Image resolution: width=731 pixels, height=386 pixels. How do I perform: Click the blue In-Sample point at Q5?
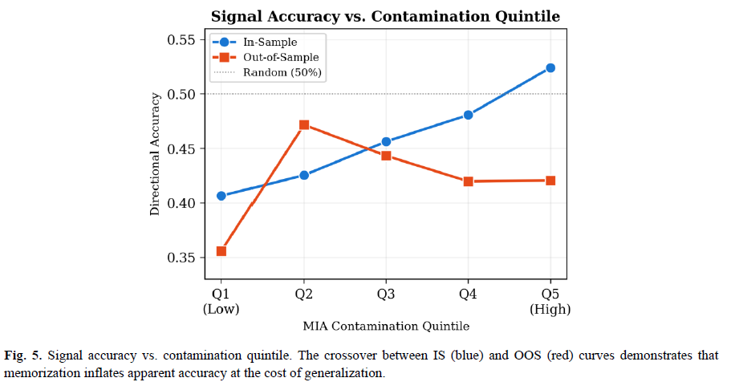point(550,68)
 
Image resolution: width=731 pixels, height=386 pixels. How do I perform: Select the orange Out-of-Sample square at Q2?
point(304,125)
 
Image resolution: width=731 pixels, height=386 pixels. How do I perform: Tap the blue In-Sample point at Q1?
point(221,196)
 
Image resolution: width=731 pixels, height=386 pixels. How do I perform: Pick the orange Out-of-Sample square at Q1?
point(221,251)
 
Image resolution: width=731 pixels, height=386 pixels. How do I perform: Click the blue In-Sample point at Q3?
point(386,142)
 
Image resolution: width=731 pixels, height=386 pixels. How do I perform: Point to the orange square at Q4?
point(468,181)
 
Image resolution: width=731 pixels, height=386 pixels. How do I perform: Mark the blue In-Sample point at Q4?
point(468,115)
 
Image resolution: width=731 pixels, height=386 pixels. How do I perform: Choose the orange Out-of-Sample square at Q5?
point(550,181)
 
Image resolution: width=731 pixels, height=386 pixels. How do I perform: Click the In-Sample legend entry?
point(255,42)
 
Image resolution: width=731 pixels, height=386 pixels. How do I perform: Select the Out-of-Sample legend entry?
point(266,57)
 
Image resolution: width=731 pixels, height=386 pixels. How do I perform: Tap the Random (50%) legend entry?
point(267,72)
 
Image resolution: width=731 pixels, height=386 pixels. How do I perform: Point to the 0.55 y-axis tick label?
point(181,39)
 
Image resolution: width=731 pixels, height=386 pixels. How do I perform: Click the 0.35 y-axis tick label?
point(181,258)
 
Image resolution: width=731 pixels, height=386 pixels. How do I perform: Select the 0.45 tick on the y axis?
point(181,148)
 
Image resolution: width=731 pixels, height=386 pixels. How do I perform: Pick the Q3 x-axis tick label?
point(385,295)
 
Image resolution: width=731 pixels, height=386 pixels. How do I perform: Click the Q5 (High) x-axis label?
point(550,302)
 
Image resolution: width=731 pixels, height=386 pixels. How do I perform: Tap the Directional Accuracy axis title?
point(154,154)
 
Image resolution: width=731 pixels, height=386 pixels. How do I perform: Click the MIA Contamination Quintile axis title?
point(386,326)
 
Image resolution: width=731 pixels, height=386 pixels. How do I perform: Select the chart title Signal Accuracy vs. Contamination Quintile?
point(385,16)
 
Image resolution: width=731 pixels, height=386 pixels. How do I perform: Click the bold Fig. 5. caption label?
point(22,356)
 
